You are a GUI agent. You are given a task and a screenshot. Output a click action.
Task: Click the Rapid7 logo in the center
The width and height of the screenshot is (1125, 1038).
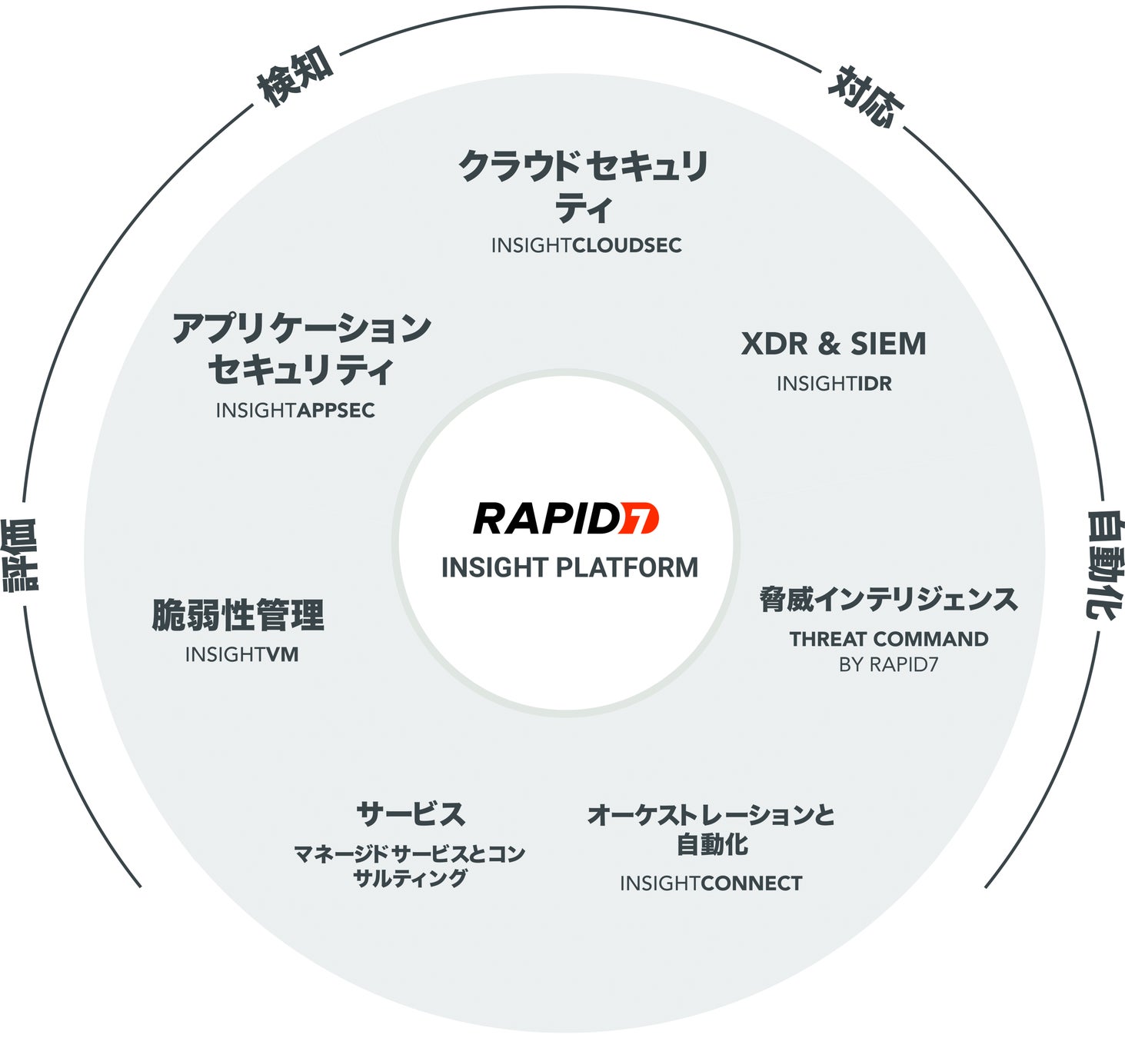(x=565, y=518)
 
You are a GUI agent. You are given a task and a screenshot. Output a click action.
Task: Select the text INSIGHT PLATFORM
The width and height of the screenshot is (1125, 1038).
(x=570, y=567)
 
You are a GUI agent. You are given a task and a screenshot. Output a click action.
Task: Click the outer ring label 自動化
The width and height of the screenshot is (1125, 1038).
(x=1104, y=564)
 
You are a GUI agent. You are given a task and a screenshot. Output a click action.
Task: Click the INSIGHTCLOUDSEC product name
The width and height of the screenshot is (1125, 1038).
(x=586, y=245)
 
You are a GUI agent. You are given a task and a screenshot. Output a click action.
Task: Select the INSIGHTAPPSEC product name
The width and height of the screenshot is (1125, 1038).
(x=295, y=411)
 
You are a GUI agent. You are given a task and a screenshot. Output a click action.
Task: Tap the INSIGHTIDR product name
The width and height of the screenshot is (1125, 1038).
(x=834, y=384)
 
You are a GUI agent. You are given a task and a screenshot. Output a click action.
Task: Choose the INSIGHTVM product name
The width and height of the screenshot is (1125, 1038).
(x=241, y=654)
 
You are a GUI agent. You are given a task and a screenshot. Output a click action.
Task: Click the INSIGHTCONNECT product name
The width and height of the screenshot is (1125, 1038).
(x=711, y=883)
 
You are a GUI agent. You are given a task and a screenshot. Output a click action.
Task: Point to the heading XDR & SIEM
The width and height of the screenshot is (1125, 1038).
(x=834, y=344)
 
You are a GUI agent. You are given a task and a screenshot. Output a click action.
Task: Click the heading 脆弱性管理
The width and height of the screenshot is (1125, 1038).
(x=238, y=615)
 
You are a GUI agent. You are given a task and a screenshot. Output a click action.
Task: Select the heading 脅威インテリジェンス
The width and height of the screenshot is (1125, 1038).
(x=888, y=600)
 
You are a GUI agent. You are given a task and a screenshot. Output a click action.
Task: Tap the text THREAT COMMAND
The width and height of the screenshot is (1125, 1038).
(x=888, y=639)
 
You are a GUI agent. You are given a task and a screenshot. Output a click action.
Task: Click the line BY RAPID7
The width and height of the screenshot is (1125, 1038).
(x=888, y=664)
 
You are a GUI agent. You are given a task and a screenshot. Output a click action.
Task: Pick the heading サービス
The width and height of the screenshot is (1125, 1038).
(x=411, y=813)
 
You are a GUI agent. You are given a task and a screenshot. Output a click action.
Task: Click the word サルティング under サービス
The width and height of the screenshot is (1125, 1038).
(x=410, y=878)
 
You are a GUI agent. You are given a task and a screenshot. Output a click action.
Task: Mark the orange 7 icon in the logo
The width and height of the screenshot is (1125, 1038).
(x=639, y=518)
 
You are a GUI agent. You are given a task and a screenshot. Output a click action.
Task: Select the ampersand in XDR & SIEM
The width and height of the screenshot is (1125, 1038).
(x=829, y=344)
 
